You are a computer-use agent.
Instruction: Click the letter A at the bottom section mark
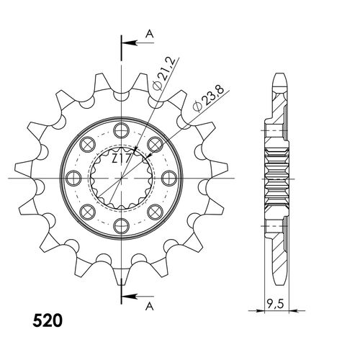(x=149, y=305)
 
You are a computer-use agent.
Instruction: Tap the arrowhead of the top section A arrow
(x=122, y=42)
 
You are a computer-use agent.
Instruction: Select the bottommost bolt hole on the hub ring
(x=117, y=222)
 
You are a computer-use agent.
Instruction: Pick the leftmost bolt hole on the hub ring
(x=71, y=177)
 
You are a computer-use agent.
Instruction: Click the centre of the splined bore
(x=117, y=177)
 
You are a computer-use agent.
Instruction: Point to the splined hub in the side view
(x=279, y=177)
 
